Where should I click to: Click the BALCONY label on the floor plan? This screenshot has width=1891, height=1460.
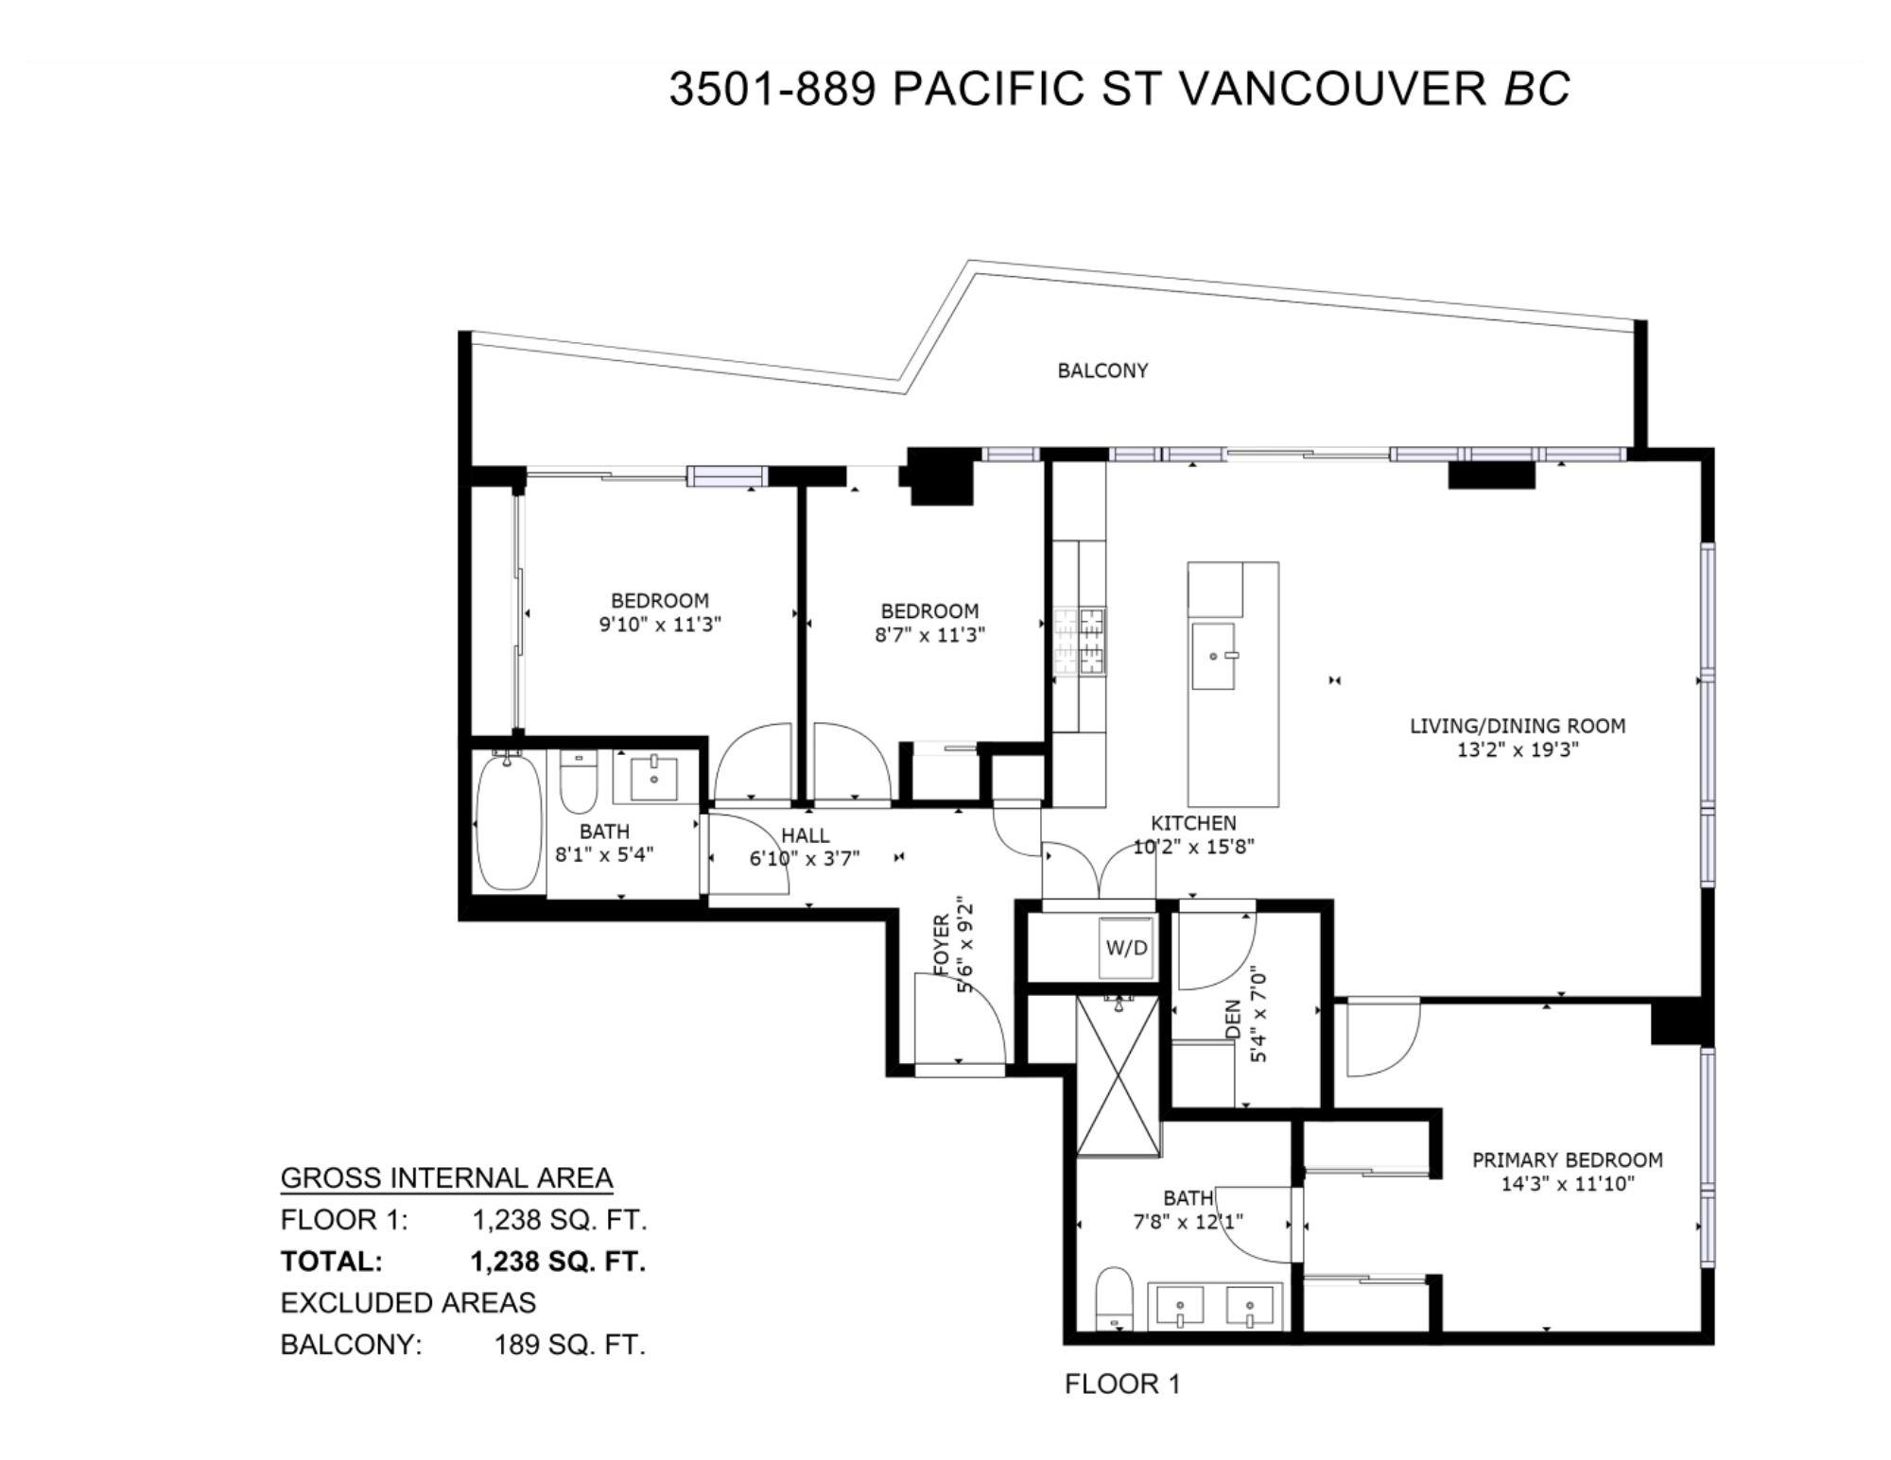1102,370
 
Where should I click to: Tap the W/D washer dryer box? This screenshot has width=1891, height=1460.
1126,946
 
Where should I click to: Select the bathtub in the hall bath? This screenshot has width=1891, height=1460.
510,821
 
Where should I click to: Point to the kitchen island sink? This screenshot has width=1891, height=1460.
1213,655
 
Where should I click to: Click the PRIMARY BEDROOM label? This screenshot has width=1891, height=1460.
1567,1159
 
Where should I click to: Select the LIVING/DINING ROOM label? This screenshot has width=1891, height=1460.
1518,726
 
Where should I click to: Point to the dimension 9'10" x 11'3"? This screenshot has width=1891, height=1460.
660,625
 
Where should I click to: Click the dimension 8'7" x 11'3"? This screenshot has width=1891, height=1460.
929,635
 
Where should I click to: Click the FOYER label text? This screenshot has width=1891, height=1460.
941,944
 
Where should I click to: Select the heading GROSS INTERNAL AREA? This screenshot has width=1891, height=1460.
446,1178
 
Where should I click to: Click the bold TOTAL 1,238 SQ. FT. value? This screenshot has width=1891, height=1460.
558,1262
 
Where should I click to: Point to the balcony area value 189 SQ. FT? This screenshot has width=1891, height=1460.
569,1345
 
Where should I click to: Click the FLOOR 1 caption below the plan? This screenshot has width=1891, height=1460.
1122,1384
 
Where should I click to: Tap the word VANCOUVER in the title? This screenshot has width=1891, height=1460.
1334,89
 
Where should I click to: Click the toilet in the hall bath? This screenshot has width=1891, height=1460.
578,782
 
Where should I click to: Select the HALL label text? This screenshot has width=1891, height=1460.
806,835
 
